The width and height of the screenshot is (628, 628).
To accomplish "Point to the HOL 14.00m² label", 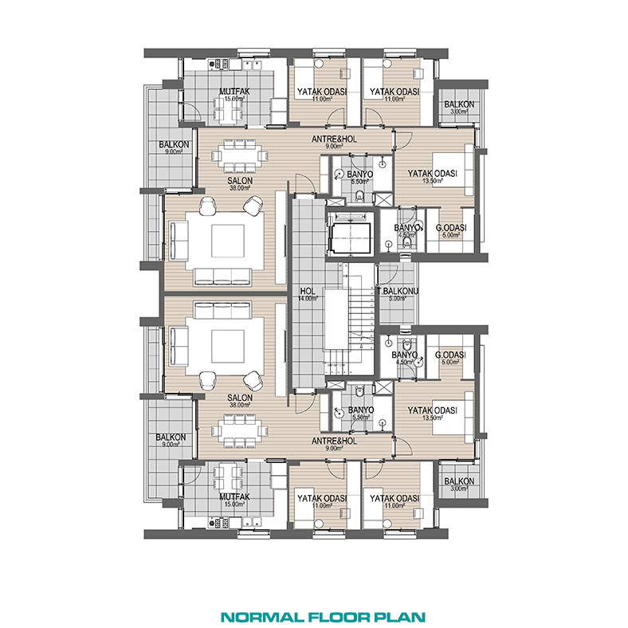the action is pos(308,294).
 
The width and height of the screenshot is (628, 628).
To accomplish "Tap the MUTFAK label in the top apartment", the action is pos(234,91).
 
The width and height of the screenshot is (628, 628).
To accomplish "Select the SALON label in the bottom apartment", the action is pos(240,398).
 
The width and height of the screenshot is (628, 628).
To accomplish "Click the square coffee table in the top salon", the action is pos(228,241).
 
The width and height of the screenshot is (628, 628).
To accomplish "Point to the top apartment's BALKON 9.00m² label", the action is pos(174,147).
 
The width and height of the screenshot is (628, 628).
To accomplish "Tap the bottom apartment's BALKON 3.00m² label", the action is pos(459,485).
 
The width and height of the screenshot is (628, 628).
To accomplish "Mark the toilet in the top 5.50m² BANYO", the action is pos(359,196).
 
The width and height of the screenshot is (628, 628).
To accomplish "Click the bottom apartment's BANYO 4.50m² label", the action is pos(405,358).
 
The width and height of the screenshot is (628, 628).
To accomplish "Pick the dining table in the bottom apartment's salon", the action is pos(240,431).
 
